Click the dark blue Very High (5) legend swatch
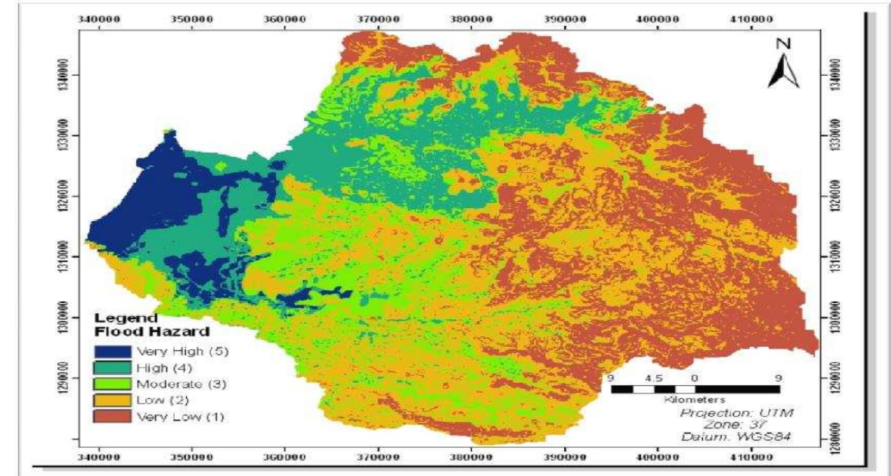click(113, 351)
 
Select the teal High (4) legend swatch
click(113, 368)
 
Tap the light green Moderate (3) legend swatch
click(113, 384)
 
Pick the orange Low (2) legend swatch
click(113, 400)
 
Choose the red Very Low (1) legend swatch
click(113, 416)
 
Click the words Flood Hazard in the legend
click(152, 332)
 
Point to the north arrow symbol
click(783, 72)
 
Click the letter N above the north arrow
click(784, 44)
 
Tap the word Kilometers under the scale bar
click(694, 400)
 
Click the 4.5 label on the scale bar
click(654, 378)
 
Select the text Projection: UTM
click(736, 413)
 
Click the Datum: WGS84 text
click(736, 437)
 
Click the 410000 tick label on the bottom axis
click(751, 457)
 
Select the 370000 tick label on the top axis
click(379, 19)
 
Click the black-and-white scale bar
click(695, 389)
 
